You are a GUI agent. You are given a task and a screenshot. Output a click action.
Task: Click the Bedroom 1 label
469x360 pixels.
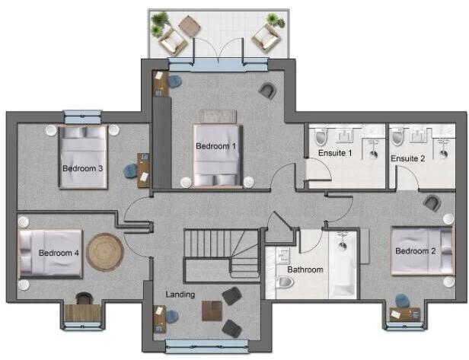(x=216, y=146)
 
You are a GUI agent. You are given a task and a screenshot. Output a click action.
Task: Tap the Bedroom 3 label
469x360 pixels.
(x=82, y=169)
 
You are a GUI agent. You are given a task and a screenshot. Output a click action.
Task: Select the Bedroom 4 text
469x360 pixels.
(x=59, y=253)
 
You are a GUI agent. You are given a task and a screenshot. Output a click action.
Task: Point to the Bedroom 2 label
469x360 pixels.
(x=415, y=251)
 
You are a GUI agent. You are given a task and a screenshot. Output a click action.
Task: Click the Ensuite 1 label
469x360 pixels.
(x=335, y=153)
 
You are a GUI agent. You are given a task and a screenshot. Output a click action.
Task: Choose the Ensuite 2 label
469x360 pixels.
(x=408, y=158)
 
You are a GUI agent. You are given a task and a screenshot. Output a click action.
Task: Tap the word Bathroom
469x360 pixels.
(x=305, y=269)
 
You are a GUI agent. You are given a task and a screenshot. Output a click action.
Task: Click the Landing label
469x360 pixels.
(x=180, y=295)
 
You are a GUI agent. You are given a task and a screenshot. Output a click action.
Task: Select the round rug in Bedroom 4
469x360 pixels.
(x=104, y=252)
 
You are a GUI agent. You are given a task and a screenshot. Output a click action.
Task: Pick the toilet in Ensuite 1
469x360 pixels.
(x=321, y=137)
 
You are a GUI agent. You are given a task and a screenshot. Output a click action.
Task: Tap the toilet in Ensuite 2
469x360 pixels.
(x=397, y=137)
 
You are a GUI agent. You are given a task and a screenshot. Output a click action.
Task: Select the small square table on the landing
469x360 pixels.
(x=212, y=311)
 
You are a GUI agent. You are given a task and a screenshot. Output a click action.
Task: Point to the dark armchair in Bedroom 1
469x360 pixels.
(x=267, y=91)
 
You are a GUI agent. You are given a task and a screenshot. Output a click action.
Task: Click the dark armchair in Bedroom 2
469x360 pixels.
(x=432, y=202)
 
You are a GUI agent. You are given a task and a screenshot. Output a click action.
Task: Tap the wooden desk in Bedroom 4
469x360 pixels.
(x=79, y=312)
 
